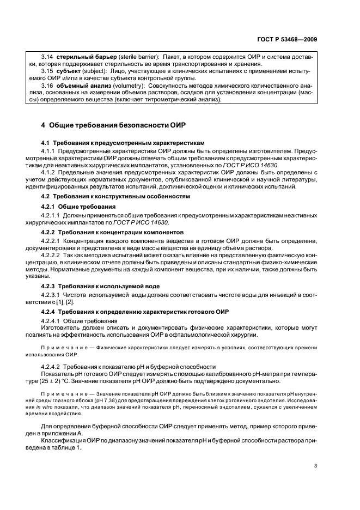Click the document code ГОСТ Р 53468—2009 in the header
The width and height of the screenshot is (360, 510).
[x=287, y=40]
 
